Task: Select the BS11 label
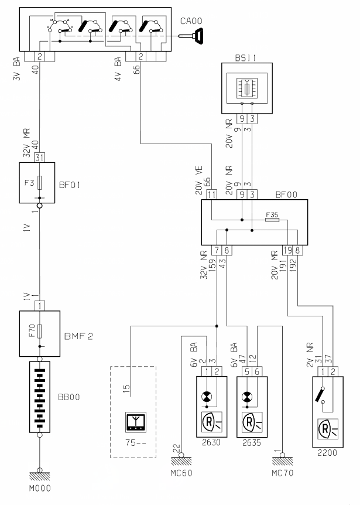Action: pos(245,58)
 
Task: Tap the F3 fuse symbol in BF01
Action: pos(40,183)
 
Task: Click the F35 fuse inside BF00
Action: pos(272,220)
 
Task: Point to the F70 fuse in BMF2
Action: pos(40,331)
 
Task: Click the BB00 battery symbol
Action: pos(40,397)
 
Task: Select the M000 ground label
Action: pos(40,488)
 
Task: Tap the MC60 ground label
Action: pos(181,473)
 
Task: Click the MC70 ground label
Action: pos(283,473)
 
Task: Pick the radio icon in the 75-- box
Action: pos(136,422)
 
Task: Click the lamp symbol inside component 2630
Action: pos(207,397)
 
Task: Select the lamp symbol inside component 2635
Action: pos(247,397)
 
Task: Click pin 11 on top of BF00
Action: pos(211,195)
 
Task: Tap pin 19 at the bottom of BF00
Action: pos(287,250)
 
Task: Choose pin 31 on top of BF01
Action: pos(39,158)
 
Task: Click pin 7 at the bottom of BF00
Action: pos(217,250)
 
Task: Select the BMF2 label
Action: pos(78,336)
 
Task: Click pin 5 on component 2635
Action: pos(247,371)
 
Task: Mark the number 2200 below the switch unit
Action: pos(327,453)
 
